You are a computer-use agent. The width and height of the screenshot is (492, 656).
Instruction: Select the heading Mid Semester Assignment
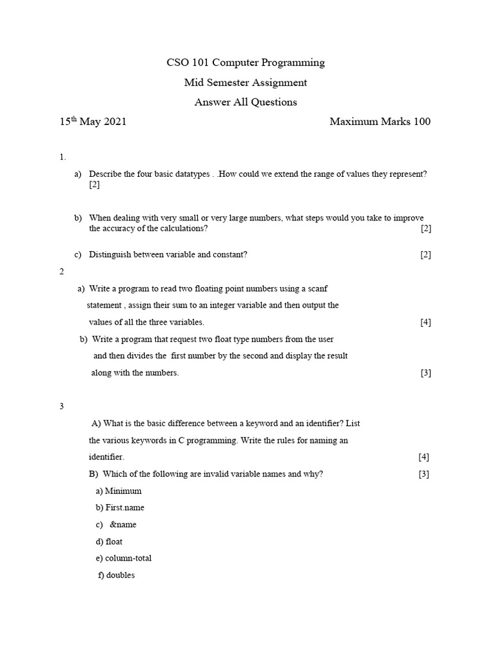pyautogui.click(x=245, y=83)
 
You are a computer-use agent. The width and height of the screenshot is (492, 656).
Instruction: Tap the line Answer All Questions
pyautogui.click(x=245, y=102)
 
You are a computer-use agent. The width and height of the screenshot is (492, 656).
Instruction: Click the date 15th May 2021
pyautogui.click(x=93, y=122)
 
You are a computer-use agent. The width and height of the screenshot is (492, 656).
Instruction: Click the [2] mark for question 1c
pyautogui.click(x=425, y=254)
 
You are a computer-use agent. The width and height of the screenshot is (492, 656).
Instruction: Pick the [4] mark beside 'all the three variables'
pyautogui.click(x=425, y=322)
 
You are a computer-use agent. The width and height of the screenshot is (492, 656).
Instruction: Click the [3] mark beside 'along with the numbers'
pyautogui.click(x=425, y=373)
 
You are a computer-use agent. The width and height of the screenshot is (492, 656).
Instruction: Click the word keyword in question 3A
pyautogui.click(x=259, y=423)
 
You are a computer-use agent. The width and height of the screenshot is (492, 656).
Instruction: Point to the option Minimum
pyautogui.click(x=123, y=491)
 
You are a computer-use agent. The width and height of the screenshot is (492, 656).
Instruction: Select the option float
pyautogui.click(x=114, y=541)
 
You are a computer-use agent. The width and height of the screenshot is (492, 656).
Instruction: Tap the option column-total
pyautogui.click(x=128, y=558)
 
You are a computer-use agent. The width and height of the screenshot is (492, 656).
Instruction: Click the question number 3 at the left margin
pyautogui.click(x=62, y=406)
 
